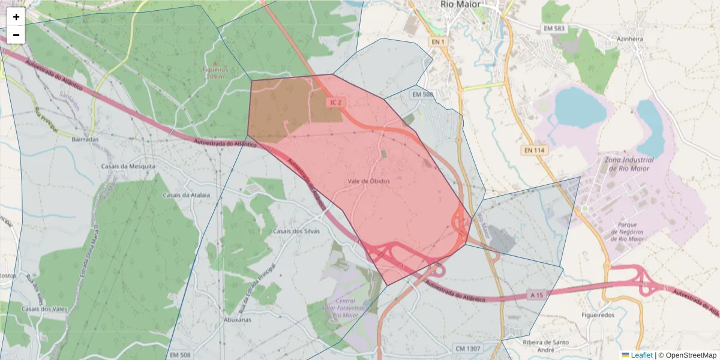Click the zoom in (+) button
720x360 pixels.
click(16, 17)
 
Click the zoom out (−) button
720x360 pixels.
click(16, 35)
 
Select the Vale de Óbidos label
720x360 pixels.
click(368, 181)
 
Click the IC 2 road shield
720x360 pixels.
click(336, 103)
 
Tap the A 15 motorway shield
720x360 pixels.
click(536, 295)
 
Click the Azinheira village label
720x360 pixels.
click(630, 39)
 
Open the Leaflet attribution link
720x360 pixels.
click(641, 355)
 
